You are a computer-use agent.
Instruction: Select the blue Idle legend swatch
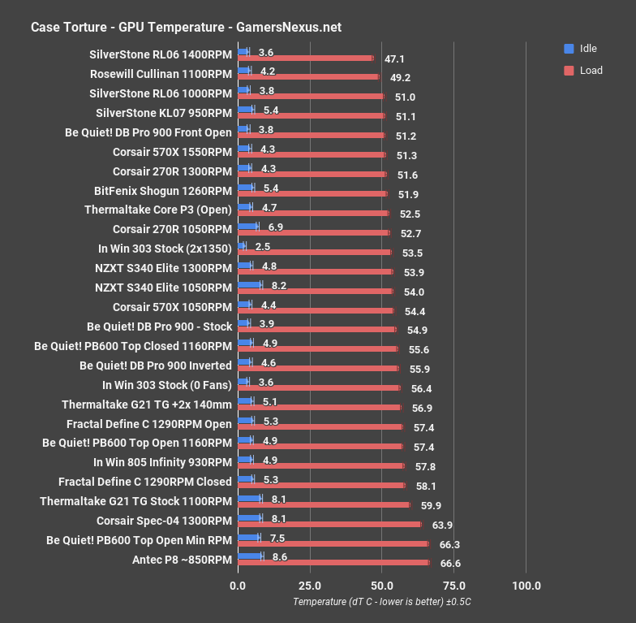(568, 49)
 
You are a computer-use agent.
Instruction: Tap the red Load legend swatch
(568, 70)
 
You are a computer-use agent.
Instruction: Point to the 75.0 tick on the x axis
(454, 586)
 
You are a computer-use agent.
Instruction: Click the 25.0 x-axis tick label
(309, 586)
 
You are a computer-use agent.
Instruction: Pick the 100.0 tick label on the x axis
(526, 586)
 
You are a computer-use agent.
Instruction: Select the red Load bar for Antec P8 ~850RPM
(333, 562)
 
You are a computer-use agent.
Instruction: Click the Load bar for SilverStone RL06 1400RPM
(305, 58)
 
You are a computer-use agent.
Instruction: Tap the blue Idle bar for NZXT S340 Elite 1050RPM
(250, 285)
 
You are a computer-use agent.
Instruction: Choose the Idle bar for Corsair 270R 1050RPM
(247, 227)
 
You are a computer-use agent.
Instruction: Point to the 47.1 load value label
(394, 58)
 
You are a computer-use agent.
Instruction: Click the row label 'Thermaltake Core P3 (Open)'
(158, 210)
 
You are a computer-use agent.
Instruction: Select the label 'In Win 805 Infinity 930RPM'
(162, 462)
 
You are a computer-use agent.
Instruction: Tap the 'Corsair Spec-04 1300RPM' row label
(164, 521)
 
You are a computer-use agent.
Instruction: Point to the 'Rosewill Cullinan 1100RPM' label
(161, 73)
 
